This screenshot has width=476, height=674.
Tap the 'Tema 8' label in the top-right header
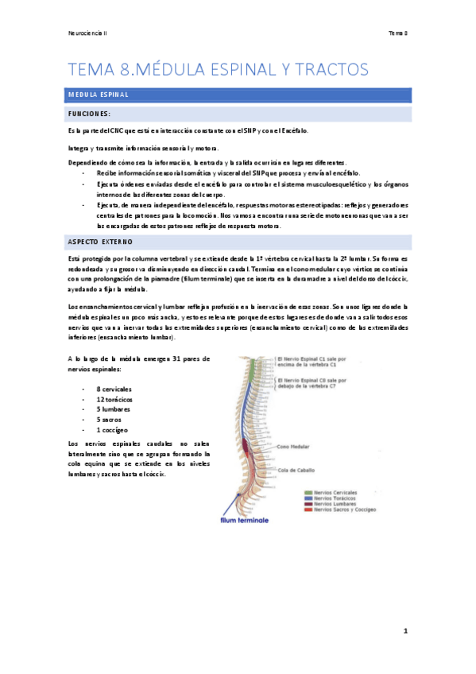click(397, 33)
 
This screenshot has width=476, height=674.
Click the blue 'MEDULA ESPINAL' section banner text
click(99, 95)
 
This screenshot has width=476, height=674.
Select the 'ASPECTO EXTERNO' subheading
click(101, 240)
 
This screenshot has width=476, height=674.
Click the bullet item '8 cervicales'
click(114, 389)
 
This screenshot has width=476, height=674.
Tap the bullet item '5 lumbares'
click(113, 409)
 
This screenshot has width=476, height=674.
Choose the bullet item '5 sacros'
click(110, 419)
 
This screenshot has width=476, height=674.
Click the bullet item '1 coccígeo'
click(112, 428)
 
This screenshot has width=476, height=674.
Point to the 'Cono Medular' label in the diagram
click(295, 447)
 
